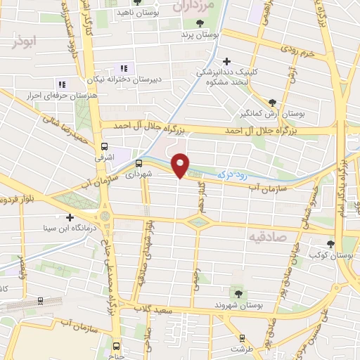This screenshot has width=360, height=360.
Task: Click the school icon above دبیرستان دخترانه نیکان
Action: click(124, 68)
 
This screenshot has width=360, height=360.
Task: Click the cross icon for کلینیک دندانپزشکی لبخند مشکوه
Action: click(227, 61)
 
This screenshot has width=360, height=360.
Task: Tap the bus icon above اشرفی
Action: click(105, 147)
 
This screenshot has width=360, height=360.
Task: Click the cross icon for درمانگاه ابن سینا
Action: click(69, 217)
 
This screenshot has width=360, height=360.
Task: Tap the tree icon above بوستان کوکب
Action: click(330, 244)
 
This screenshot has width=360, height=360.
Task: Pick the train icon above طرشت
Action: click(243, 337)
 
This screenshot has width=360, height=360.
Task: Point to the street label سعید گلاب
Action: click(165, 310)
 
